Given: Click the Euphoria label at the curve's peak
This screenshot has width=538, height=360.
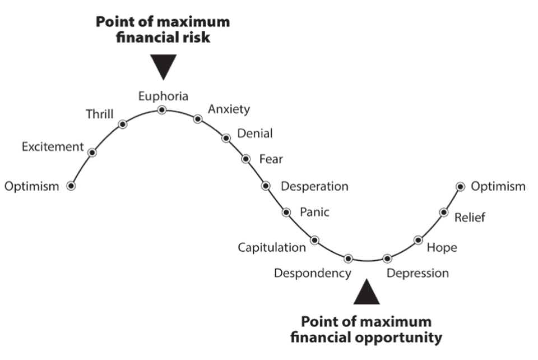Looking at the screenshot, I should [x=163, y=96].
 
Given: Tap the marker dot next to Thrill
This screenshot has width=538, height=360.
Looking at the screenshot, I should [x=123, y=124].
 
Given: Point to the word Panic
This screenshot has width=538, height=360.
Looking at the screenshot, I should [x=314, y=212].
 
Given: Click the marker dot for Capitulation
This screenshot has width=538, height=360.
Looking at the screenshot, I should [x=314, y=240].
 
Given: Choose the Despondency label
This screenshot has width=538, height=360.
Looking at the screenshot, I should [x=312, y=273].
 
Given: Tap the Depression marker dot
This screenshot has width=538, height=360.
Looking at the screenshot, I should [x=387, y=259].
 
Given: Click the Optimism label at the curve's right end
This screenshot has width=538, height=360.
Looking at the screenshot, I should [x=498, y=186].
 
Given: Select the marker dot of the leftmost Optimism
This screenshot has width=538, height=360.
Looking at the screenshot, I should [x=71, y=186].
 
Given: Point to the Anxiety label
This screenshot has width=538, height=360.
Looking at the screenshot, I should [x=229, y=109].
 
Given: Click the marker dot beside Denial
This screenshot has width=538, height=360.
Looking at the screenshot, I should [x=226, y=138].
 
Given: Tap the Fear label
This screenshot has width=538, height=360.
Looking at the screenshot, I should [x=271, y=159].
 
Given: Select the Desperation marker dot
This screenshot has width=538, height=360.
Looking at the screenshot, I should [x=266, y=186].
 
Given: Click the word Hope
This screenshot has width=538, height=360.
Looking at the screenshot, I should [x=442, y=247].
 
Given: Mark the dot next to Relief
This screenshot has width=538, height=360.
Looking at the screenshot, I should [x=444, y=212].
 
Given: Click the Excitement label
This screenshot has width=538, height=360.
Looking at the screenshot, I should [x=52, y=147].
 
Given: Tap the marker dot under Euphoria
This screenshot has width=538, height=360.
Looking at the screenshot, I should [x=162, y=109].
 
